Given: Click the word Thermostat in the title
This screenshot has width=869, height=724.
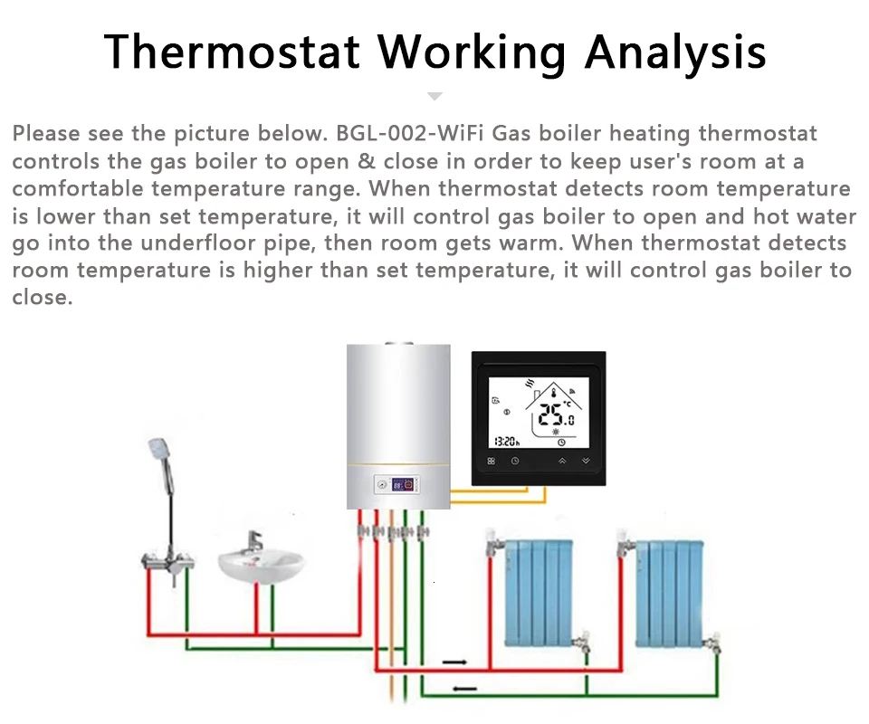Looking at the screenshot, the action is (x=232, y=52).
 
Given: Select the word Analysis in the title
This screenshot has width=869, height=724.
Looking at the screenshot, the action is (x=675, y=52).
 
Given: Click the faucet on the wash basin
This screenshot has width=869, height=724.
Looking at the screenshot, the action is (x=256, y=540).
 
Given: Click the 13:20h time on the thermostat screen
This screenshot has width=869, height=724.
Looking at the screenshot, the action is (x=507, y=441).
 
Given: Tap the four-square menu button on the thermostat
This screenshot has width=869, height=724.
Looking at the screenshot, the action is (x=492, y=462).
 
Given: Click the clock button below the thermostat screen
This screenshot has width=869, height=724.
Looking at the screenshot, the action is (x=515, y=462).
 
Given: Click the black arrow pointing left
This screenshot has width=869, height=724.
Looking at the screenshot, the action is (x=464, y=689).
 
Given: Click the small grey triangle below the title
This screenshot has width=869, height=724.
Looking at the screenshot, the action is (x=434, y=95).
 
